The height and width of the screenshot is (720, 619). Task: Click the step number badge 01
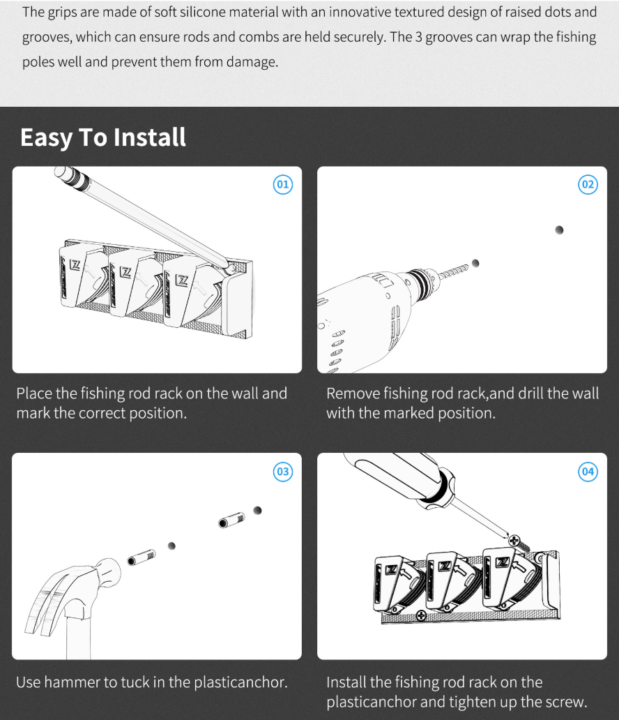[x=282, y=185]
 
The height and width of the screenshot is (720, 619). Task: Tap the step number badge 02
[x=588, y=185]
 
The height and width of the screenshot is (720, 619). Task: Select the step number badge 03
[x=282, y=472]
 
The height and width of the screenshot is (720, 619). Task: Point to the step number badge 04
[x=588, y=472]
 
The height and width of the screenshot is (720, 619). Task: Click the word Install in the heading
[x=149, y=137]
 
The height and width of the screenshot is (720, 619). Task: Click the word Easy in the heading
[x=46, y=137]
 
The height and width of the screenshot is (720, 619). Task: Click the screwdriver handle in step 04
[x=404, y=477]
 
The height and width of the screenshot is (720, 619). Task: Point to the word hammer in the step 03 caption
[x=71, y=682]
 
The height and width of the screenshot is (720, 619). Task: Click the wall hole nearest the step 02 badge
[x=559, y=230]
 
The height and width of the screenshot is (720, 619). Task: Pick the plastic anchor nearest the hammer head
[x=141, y=557]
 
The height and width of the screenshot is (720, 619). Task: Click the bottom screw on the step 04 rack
[x=420, y=616]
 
